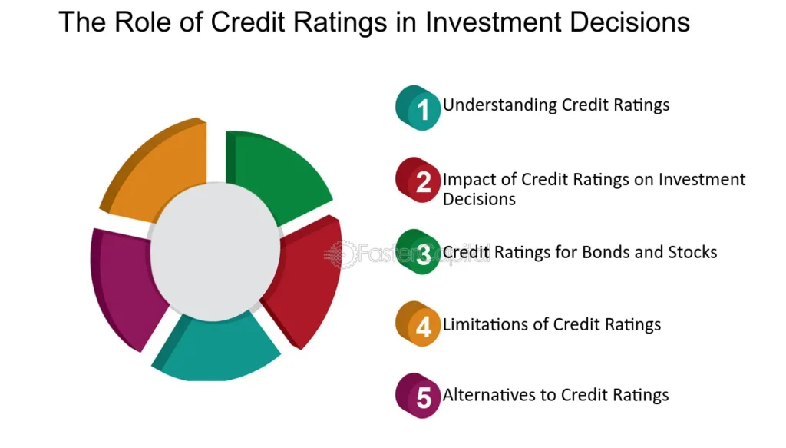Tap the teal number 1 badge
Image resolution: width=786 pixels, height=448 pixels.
coord(418,108)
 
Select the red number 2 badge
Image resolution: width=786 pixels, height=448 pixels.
coord(418,180)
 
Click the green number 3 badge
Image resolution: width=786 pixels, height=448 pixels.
coord(418,252)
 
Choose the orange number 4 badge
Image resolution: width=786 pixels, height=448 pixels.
coord(418,324)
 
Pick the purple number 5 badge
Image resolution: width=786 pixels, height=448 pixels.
coord(418,396)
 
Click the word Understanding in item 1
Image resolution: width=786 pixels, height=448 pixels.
coord(500,105)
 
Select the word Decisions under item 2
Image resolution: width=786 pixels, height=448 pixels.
coord(479,199)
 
